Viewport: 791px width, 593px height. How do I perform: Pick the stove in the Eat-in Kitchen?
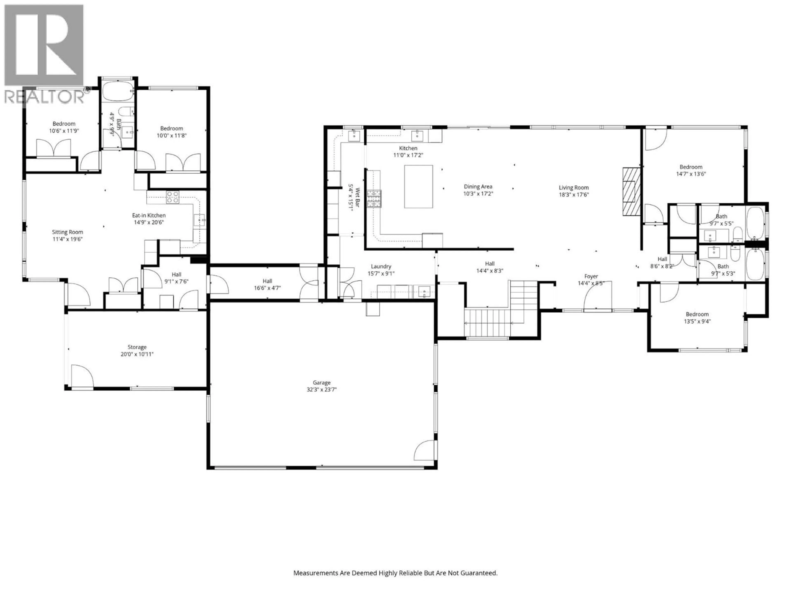pos(172,197)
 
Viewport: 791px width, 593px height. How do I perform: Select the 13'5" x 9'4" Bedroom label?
pos(697,318)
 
